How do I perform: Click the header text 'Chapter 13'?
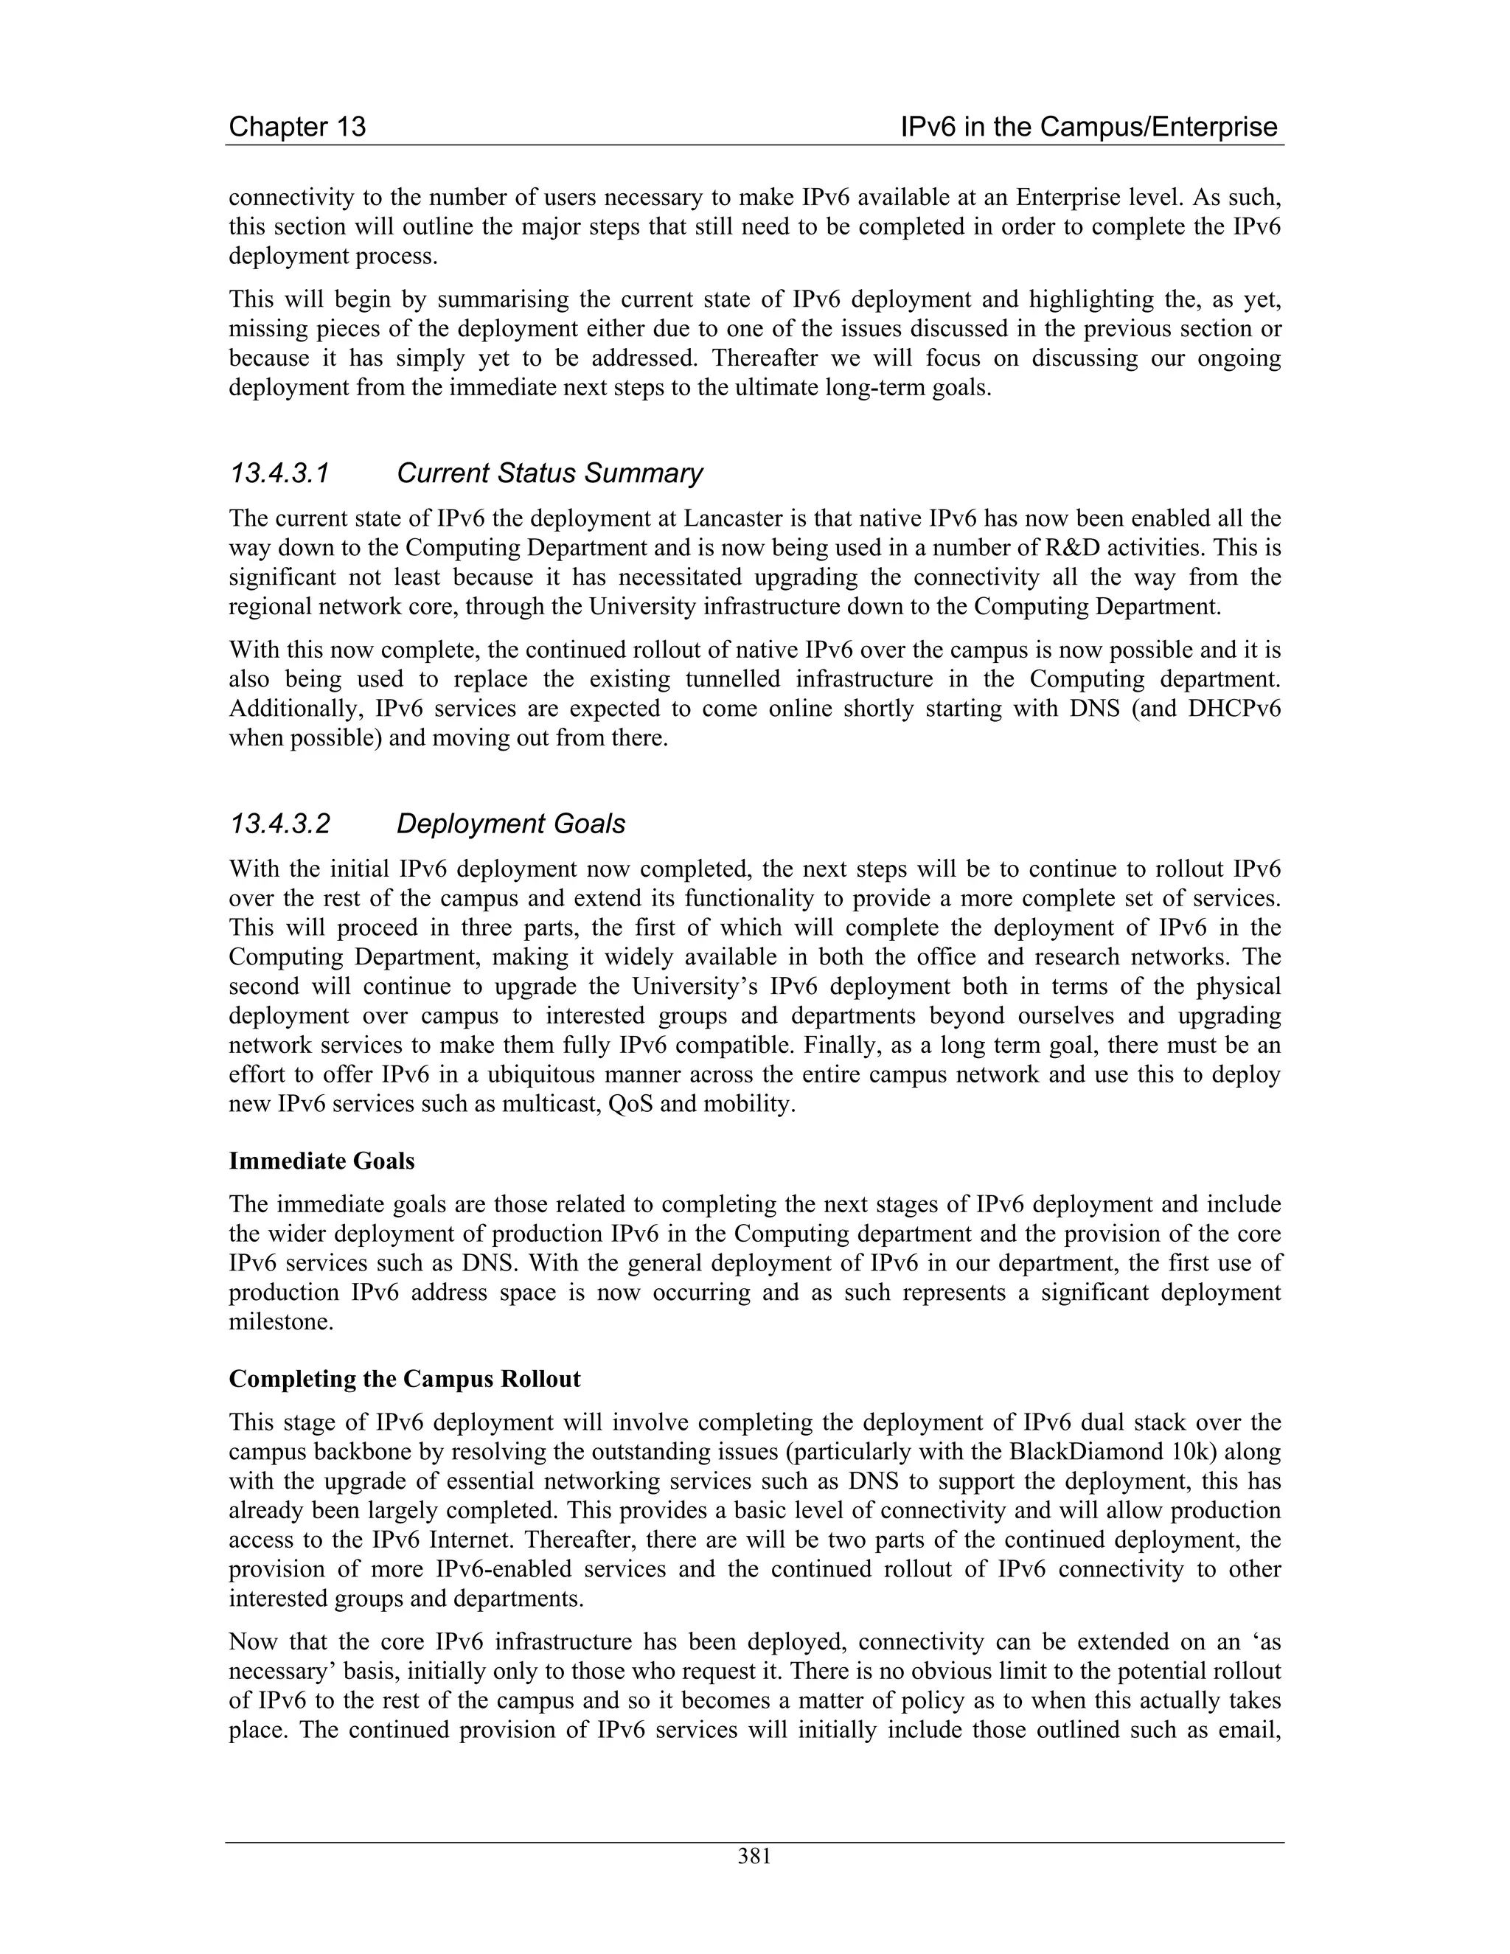[x=297, y=127]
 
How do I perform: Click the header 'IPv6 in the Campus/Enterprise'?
[x=1089, y=127]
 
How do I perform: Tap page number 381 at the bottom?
[x=754, y=1857]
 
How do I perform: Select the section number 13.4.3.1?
[x=279, y=473]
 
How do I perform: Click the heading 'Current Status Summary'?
[x=549, y=473]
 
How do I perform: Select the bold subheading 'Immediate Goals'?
[x=321, y=1161]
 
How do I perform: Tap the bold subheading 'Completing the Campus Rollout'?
[x=404, y=1379]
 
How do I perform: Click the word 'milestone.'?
[x=281, y=1322]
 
